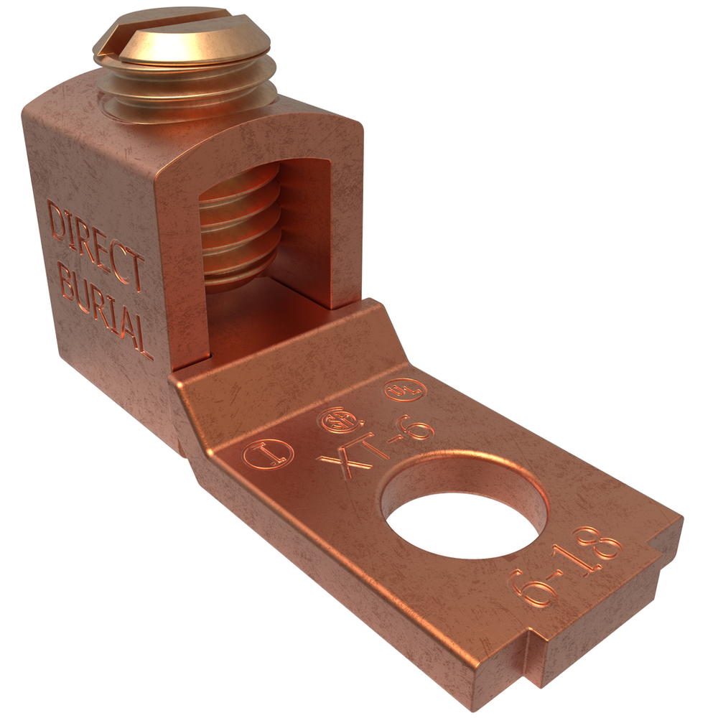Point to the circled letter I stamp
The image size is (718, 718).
pyautogui.click(x=268, y=453)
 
